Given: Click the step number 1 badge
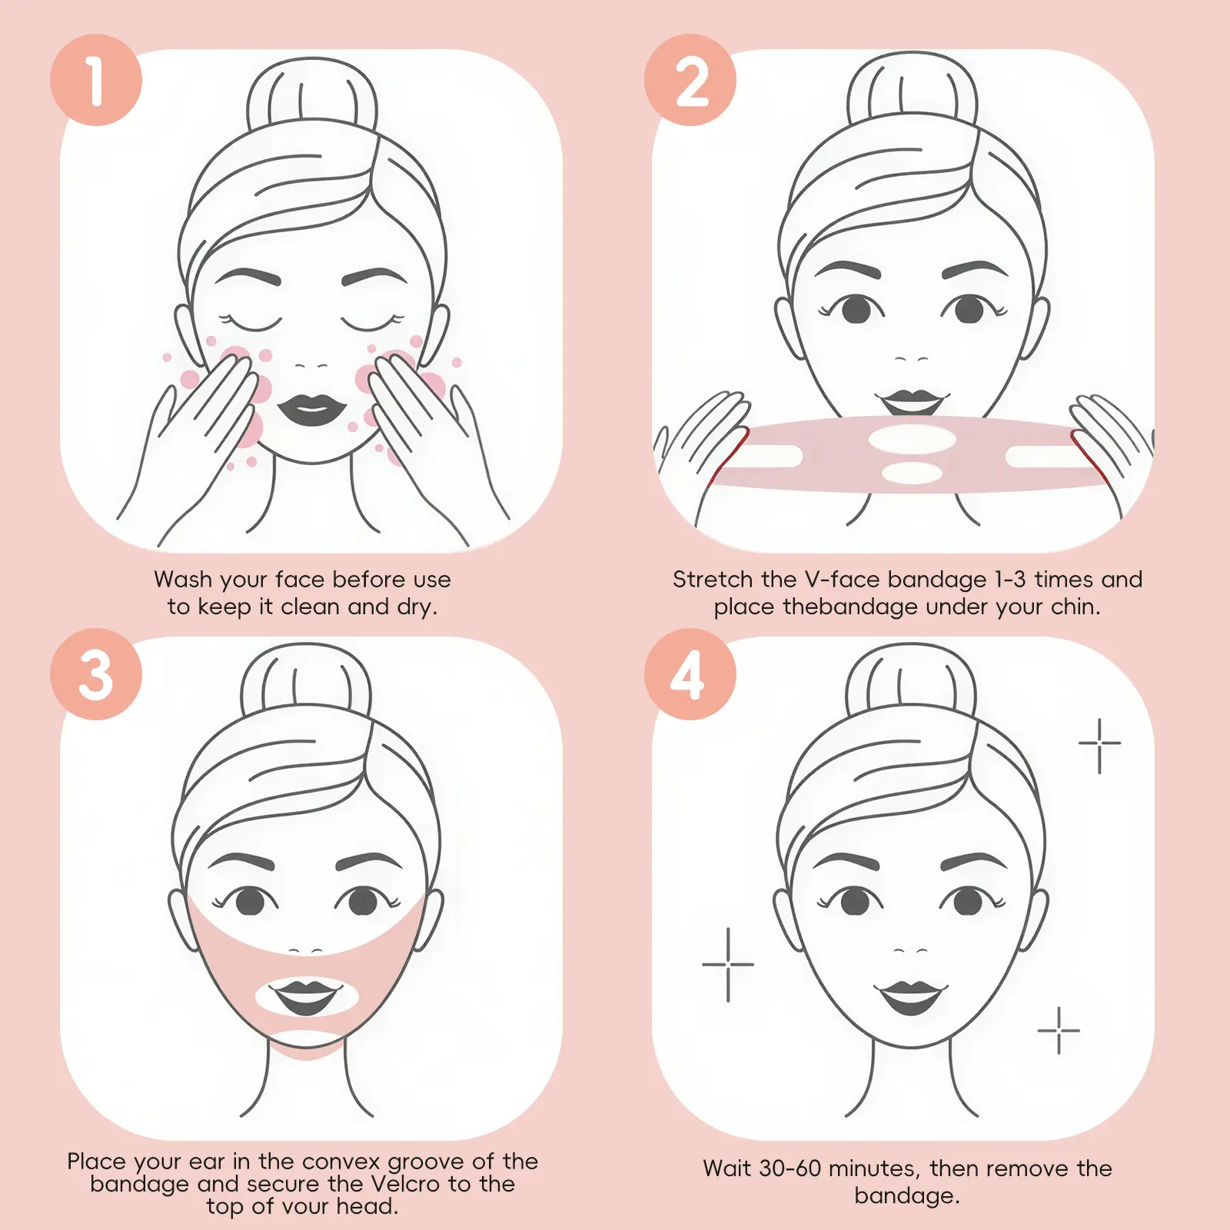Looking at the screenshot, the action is pyautogui.click(x=96, y=80).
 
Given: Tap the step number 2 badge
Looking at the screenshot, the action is pyautogui.click(x=690, y=80).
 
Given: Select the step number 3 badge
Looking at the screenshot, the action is pyautogui.click(x=96, y=674).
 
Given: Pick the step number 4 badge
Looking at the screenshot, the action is pyautogui.click(x=690, y=674).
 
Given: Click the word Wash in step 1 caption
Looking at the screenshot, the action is pyautogui.click(x=182, y=579).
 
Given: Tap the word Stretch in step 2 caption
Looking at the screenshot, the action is pyautogui.click(x=713, y=579).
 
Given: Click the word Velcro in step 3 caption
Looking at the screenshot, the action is pyautogui.click(x=406, y=1183).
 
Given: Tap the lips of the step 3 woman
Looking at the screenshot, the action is pyautogui.click(x=306, y=996).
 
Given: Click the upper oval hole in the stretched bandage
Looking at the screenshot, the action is pyautogui.click(x=913, y=440).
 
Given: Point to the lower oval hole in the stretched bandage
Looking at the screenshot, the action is pyautogui.click(x=912, y=473).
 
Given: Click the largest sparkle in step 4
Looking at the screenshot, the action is pyautogui.click(x=728, y=964).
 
